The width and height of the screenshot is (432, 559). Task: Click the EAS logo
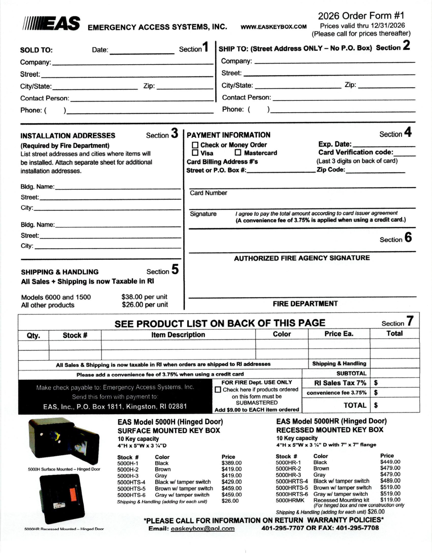tap(52, 23)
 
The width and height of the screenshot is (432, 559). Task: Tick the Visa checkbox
tap(195, 153)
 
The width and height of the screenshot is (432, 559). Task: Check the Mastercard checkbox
tap(238, 152)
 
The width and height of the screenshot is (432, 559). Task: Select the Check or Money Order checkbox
tap(195, 145)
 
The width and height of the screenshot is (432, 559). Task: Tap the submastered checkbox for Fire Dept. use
tap(218, 389)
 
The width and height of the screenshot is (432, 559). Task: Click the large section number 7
tap(410, 321)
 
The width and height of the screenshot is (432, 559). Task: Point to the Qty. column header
tap(33, 335)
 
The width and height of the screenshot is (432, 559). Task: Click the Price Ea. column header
tap(339, 334)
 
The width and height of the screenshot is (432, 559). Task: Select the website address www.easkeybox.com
tap(273, 27)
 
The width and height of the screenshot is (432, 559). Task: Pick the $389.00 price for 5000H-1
tap(232, 463)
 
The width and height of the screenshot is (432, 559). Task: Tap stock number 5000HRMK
tap(290, 500)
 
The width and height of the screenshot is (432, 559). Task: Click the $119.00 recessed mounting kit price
tap(390, 499)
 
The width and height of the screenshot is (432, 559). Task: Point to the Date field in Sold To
tap(142, 50)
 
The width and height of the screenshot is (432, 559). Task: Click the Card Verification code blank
tap(405, 153)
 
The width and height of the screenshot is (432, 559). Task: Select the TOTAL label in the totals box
tap(355, 405)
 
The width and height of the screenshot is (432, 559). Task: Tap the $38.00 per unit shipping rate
tap(144, 297)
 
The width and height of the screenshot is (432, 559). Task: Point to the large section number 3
tap(174, 133)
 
